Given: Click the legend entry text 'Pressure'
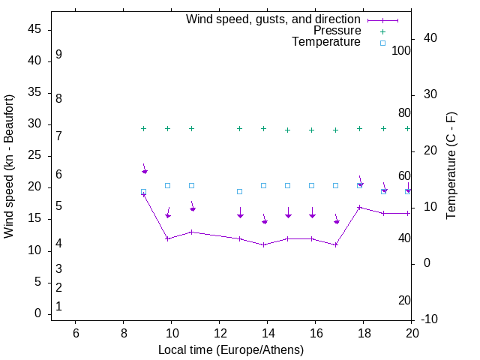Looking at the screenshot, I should pyautogui.click(x=337, y=31).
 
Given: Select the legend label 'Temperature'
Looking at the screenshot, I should pyautogui.click(x=326, y=42).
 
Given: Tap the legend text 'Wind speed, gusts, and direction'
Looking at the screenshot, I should pyautogui.click(x=274, y=19).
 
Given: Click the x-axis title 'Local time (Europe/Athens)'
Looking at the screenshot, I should pyautogui.click(x=231, y=350).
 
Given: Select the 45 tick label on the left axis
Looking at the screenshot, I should pyautogui.click(x=33, y=30).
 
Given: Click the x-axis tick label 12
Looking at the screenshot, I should pyautogui.click(x=219, y=333).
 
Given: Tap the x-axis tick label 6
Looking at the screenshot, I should pyautogui.click(x=75, y=333).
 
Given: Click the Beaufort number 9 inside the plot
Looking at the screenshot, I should pyautogui.click(x=58, y=55).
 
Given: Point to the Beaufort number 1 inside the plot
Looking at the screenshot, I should pyautogui.click(x=58, y=307).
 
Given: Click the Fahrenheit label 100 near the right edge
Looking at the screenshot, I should pyautogui.click(x=402, y=51).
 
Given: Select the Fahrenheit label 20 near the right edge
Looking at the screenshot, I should pyautogui.click(x=404, y=301).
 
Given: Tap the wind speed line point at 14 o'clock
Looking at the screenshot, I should pyautogui.click(x=264, y=244).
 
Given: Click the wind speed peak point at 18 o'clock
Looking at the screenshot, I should pyautogui.click(x=360, y=207).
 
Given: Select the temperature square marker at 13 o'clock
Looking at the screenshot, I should pyautogui.click(x=240, y=191).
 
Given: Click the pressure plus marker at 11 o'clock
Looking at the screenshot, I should pyautogui.click(x=192, y=128).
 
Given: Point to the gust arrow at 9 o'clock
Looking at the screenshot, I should pyautogui.click(x=145, y=169).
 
